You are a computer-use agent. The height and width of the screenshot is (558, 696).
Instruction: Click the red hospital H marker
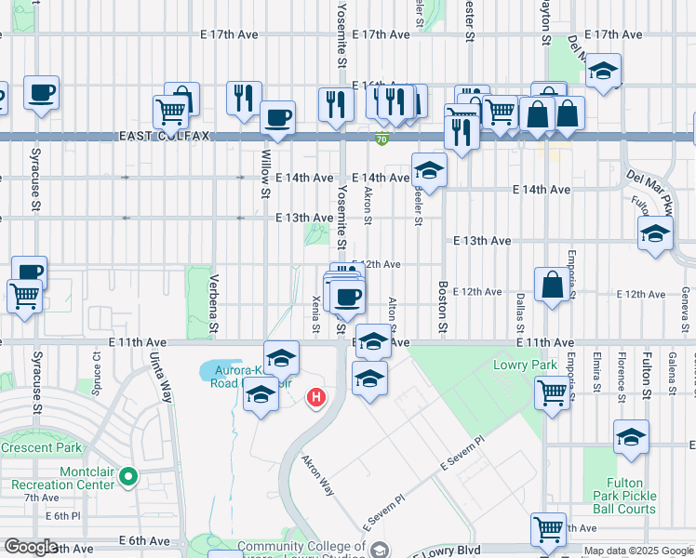point(316,398)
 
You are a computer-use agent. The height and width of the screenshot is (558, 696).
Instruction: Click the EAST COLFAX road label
point(165,136)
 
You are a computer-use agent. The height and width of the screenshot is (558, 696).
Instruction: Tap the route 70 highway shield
point(382,139)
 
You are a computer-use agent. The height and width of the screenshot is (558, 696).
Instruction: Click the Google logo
point(31,547)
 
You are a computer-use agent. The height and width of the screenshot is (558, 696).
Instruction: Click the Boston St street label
point(443,309)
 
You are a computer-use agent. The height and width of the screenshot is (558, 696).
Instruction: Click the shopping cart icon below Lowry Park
point(551,393)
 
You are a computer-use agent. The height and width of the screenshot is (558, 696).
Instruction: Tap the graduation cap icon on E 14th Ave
point(429,170)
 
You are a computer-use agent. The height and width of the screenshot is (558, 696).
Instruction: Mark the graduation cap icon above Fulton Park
point(631,437)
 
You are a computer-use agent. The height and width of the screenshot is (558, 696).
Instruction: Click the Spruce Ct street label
point(97,369)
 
